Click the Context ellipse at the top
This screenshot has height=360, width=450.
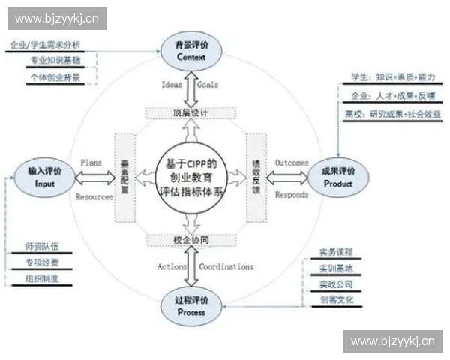point(190,50)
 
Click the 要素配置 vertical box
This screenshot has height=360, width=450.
point(125,177)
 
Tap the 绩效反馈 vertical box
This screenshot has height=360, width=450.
point(256,177)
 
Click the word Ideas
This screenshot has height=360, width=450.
point(172,85)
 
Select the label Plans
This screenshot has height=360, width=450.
point(91,162)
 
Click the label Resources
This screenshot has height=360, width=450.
point(95,197)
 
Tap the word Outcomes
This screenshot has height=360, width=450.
point(292,162)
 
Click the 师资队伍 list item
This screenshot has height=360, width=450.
point(42,245)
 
